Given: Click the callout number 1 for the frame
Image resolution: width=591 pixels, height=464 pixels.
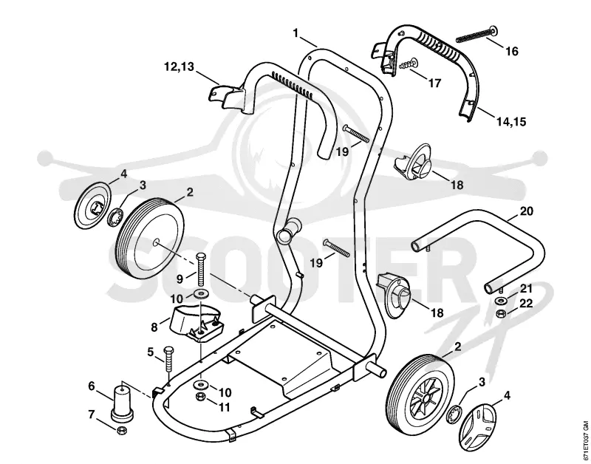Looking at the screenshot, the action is click(296, 33).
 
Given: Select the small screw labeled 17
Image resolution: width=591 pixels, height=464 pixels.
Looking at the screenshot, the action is click(409, 64).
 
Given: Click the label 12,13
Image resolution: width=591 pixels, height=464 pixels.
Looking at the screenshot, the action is click(179, 66).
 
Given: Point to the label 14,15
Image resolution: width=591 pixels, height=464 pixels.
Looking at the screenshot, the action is click(510, 122).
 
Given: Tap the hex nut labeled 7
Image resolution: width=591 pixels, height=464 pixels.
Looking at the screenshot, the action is click(121, 430).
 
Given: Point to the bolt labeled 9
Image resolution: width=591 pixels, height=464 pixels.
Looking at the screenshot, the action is click(201, 270).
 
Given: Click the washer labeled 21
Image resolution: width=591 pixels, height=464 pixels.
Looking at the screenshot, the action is click(501, 301).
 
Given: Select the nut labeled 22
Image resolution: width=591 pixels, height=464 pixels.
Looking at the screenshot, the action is click(501, 313).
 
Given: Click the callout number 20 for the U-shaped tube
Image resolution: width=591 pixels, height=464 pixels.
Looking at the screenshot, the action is click(527, 211).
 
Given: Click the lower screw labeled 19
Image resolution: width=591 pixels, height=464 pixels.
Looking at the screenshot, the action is click(337, 248).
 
